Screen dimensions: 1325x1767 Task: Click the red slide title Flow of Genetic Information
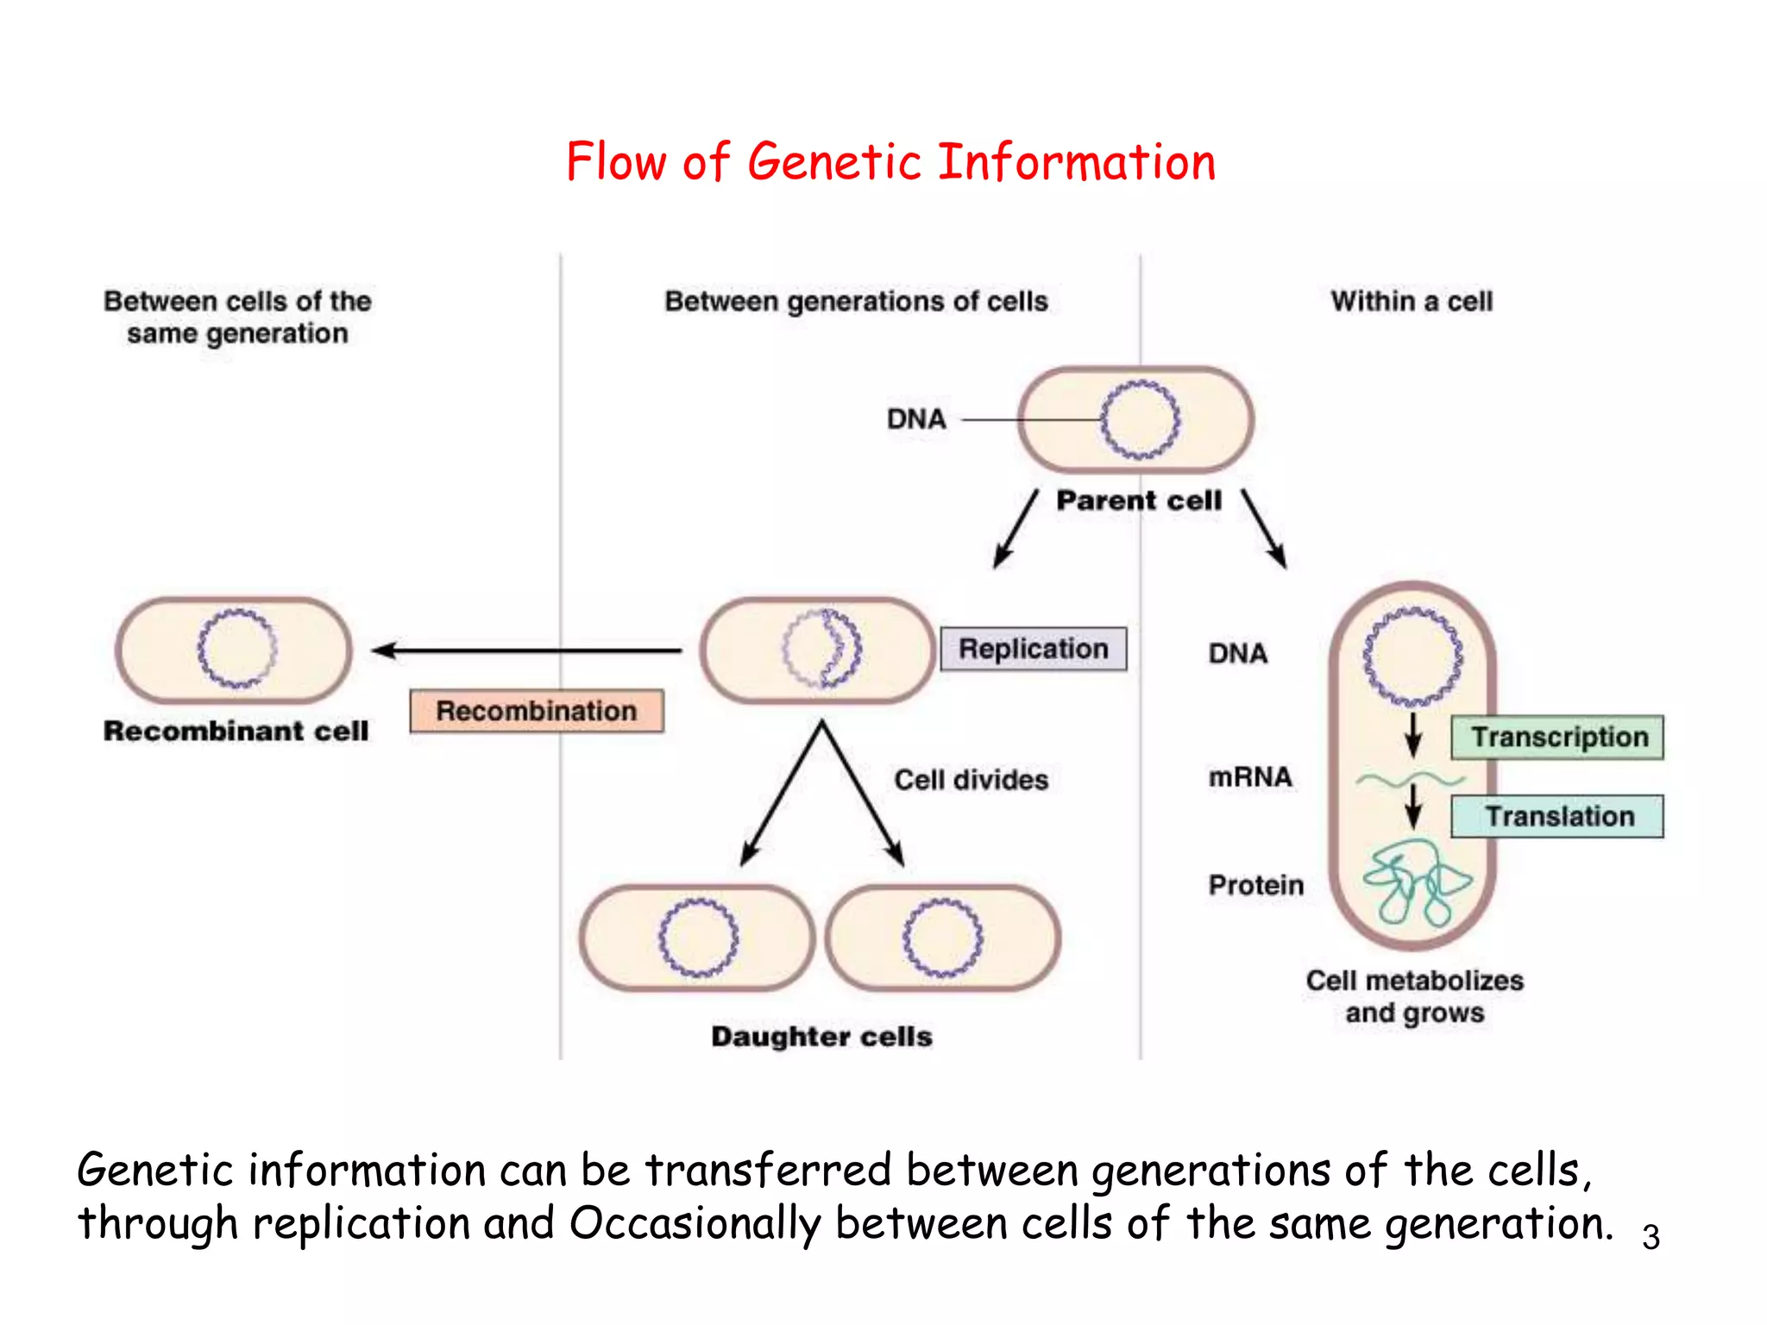click(890, 162)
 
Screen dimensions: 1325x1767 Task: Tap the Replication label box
click(1033, 649)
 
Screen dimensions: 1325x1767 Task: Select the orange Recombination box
click(536, 711)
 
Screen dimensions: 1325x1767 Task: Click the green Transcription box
click(1557, 738)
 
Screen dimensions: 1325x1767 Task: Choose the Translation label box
click(1557, 816)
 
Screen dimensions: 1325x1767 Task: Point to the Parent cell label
click(1139, 500)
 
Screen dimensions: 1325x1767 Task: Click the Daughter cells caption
click(821, 1036)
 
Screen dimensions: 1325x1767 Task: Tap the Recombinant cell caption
click(236, 731)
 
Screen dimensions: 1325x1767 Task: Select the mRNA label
click(1250, 777)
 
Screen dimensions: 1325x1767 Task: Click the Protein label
click(1255, 885)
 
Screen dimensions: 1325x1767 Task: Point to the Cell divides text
click(971, 780)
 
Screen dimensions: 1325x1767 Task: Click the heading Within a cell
click(1412, 301)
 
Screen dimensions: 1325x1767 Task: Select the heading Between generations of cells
click(856, 301)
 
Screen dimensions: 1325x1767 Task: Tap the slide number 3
click(1651, 1237)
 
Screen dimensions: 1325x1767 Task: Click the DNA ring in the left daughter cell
click(698, 904)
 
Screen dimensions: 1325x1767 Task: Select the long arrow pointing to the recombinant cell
click(526, 650)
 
